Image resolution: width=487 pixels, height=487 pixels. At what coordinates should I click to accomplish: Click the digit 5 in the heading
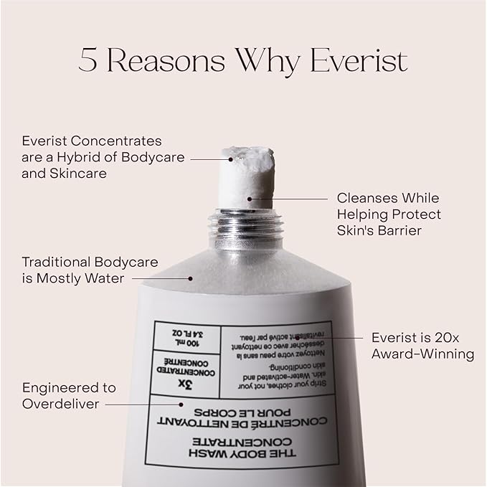(88, 62)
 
